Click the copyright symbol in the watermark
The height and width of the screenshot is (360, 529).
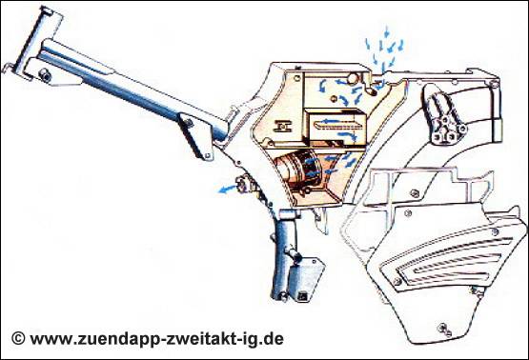18,338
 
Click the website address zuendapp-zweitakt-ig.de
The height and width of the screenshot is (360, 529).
157,339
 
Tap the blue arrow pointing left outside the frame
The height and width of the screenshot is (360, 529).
228,190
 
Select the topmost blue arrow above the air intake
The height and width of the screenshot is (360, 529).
387,31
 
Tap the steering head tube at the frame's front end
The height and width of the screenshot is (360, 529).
33,39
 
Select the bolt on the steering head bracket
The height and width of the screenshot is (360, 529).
45,75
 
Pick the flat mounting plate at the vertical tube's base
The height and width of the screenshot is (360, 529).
307,279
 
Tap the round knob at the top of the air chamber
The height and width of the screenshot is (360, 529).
353,78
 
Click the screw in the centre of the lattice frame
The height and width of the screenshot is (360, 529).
415,193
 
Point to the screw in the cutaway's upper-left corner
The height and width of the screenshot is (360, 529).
296,78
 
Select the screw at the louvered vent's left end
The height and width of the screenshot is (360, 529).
397,281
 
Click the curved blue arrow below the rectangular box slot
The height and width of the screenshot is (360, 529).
348,136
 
